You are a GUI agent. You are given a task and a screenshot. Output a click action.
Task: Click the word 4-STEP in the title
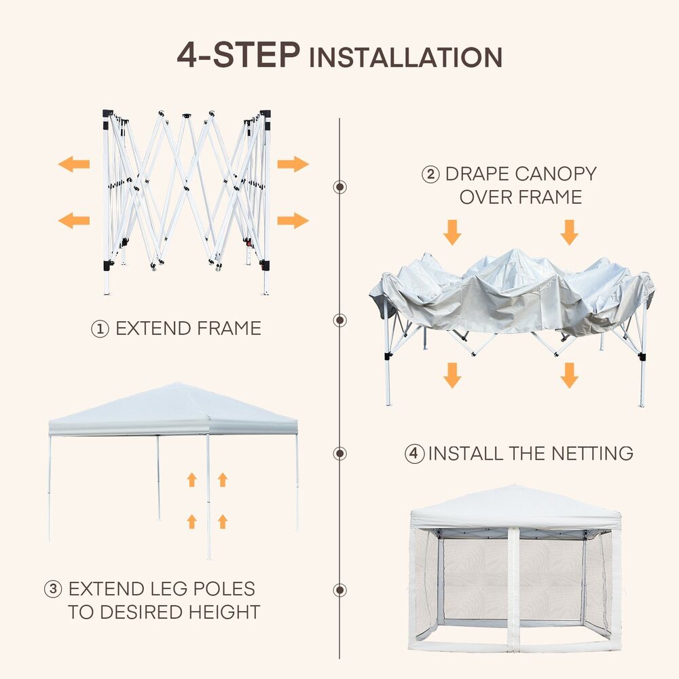click(x=238, y=55)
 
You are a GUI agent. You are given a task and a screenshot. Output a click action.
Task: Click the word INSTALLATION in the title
click(x=406, y=58)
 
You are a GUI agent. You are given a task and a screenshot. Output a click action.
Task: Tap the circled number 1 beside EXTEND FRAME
click(x=100, y=329)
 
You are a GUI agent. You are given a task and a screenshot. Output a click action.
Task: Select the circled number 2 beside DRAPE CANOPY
click(x=430, y=175)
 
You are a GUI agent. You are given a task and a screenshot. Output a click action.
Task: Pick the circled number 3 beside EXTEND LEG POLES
click(x=53, y=589)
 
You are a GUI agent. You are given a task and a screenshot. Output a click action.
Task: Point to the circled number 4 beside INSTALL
click(x=414, y=454)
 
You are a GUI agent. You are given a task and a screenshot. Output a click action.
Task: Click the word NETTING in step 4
click(x=592, y=454)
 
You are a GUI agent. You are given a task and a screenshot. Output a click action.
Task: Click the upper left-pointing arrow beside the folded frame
click(x=74, y=164)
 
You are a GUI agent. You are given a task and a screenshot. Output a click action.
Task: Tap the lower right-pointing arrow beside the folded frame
click(x=293, y=221)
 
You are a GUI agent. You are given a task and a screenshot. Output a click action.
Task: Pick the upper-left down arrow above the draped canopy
click(x=452, y=232)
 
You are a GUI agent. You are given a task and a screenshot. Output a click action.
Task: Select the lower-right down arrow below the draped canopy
click(x=569, y=375)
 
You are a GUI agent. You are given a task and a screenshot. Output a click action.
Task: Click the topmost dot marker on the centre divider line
click(x=340, y=187)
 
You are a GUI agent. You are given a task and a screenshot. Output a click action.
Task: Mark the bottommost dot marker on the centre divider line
click(x=340, y=590)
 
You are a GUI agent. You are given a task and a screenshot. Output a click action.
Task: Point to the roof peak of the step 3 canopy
click(x=174, y=384)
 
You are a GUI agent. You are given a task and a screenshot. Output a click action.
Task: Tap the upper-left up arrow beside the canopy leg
click(x=192, y=480)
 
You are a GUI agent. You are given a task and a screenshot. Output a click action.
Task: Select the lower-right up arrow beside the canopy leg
click(x=223, y=521)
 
